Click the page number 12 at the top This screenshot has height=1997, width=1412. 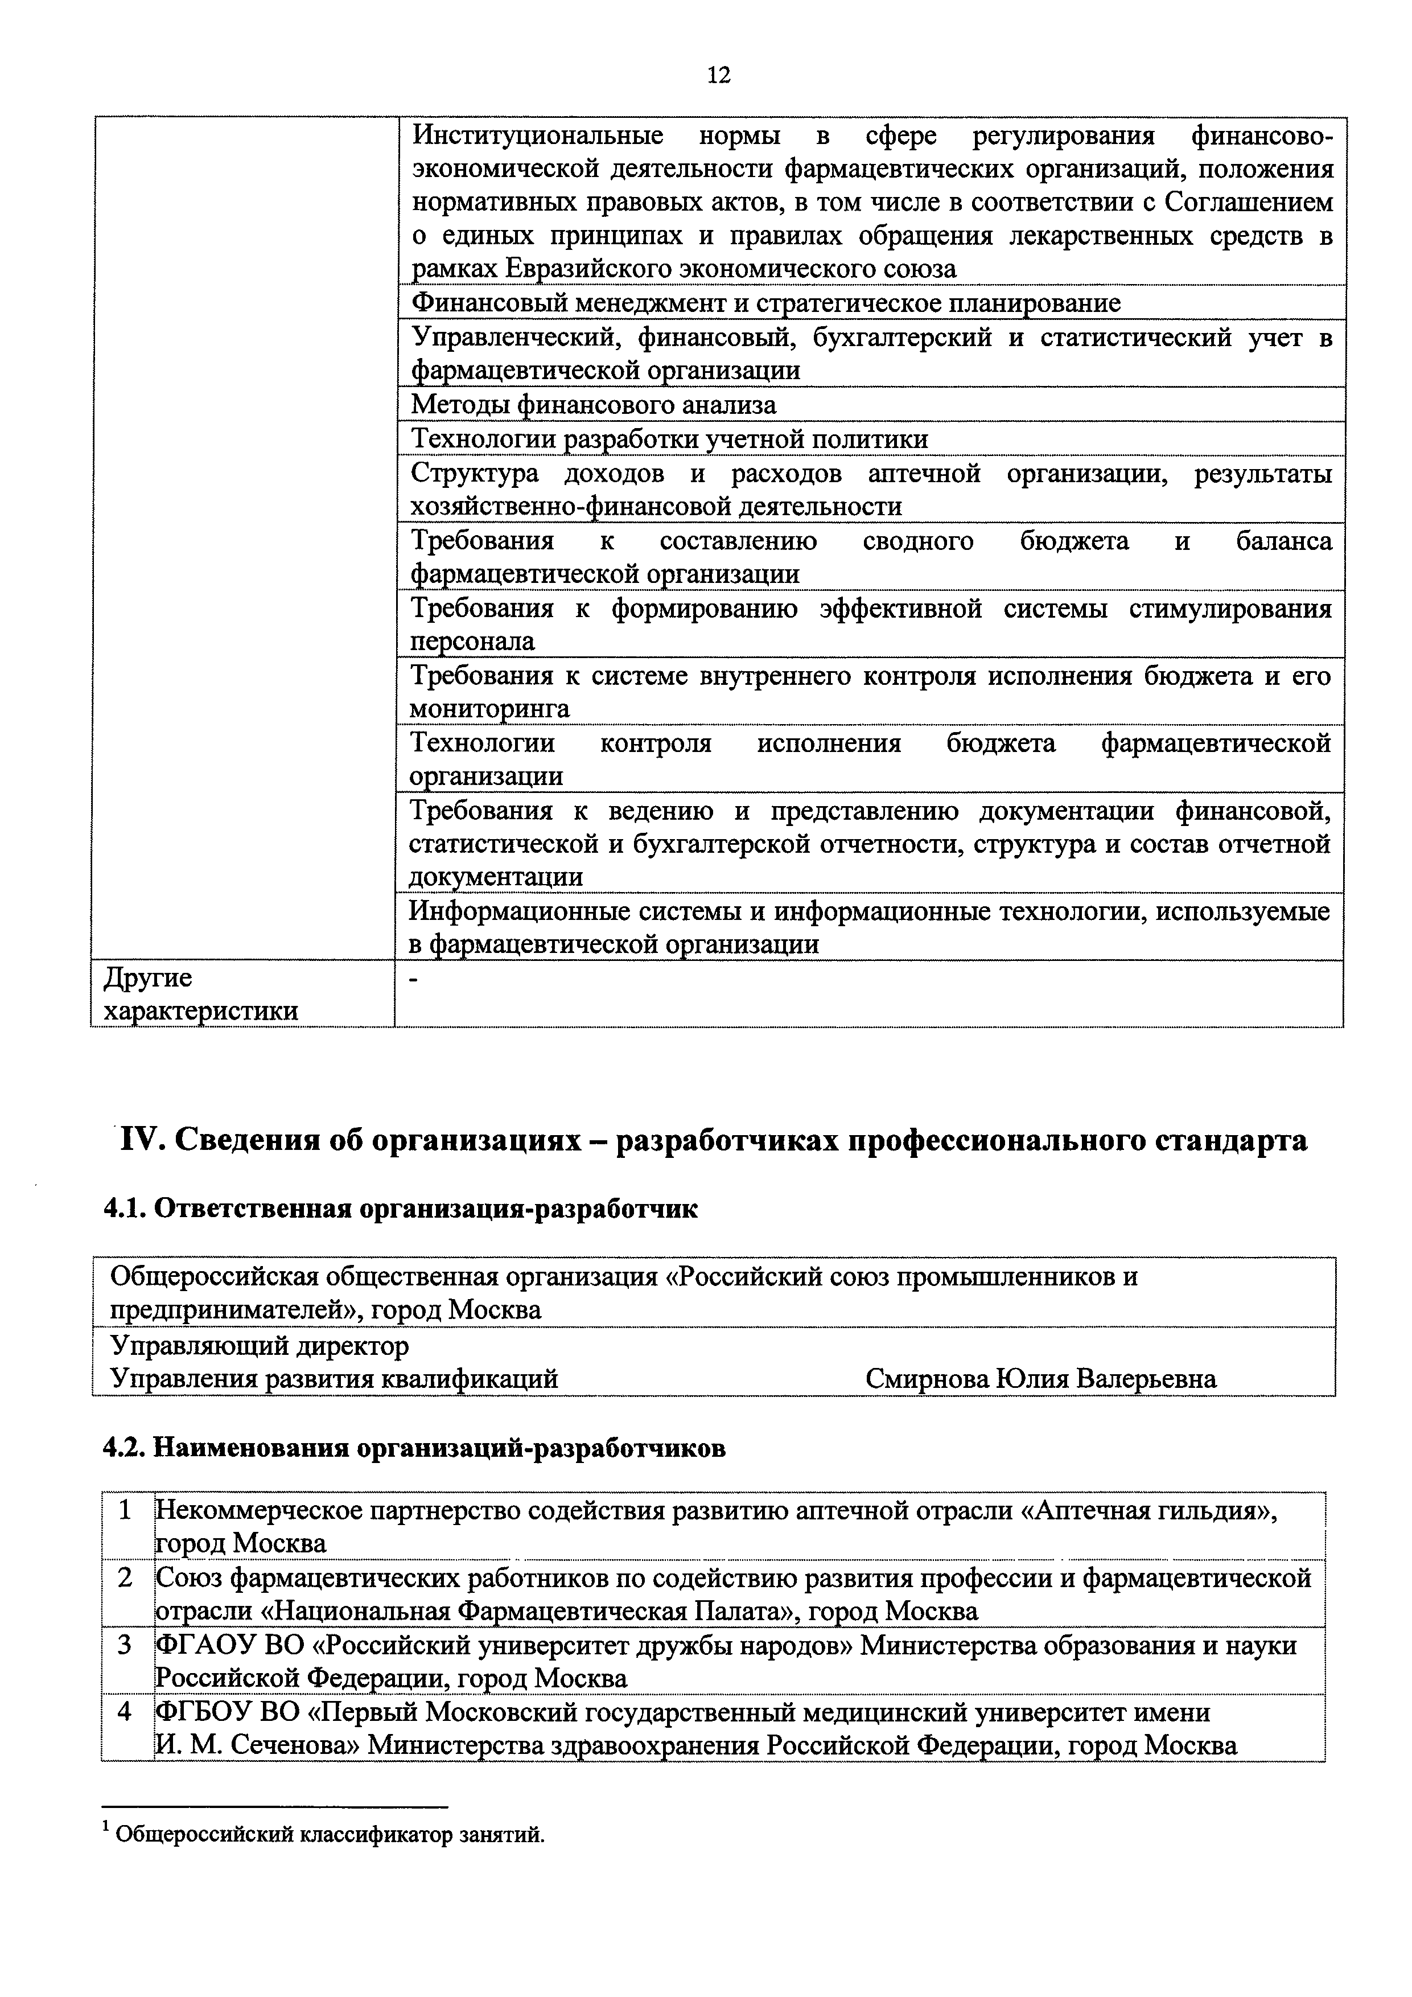coord(719,76)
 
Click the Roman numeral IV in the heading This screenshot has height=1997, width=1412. coord(141,1140)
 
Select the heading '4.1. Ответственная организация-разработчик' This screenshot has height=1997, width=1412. coord(400,1210)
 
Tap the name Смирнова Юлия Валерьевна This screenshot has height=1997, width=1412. coord(1041,1379)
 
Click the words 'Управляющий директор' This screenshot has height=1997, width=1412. coord(259,1346)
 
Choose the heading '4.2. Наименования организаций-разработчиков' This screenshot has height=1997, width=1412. coord(414,1449)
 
